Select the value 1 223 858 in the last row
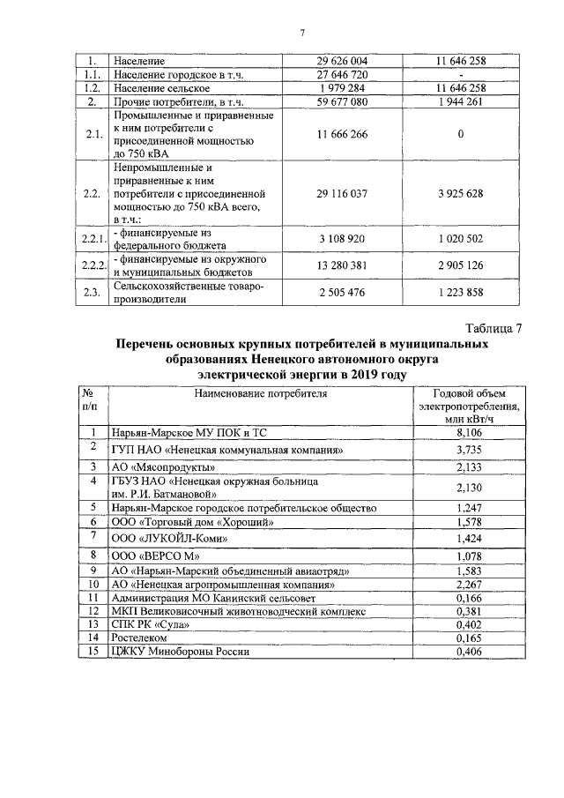coord(460,293)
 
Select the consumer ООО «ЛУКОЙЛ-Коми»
coord(163,539)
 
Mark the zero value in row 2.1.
coord(460,134)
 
